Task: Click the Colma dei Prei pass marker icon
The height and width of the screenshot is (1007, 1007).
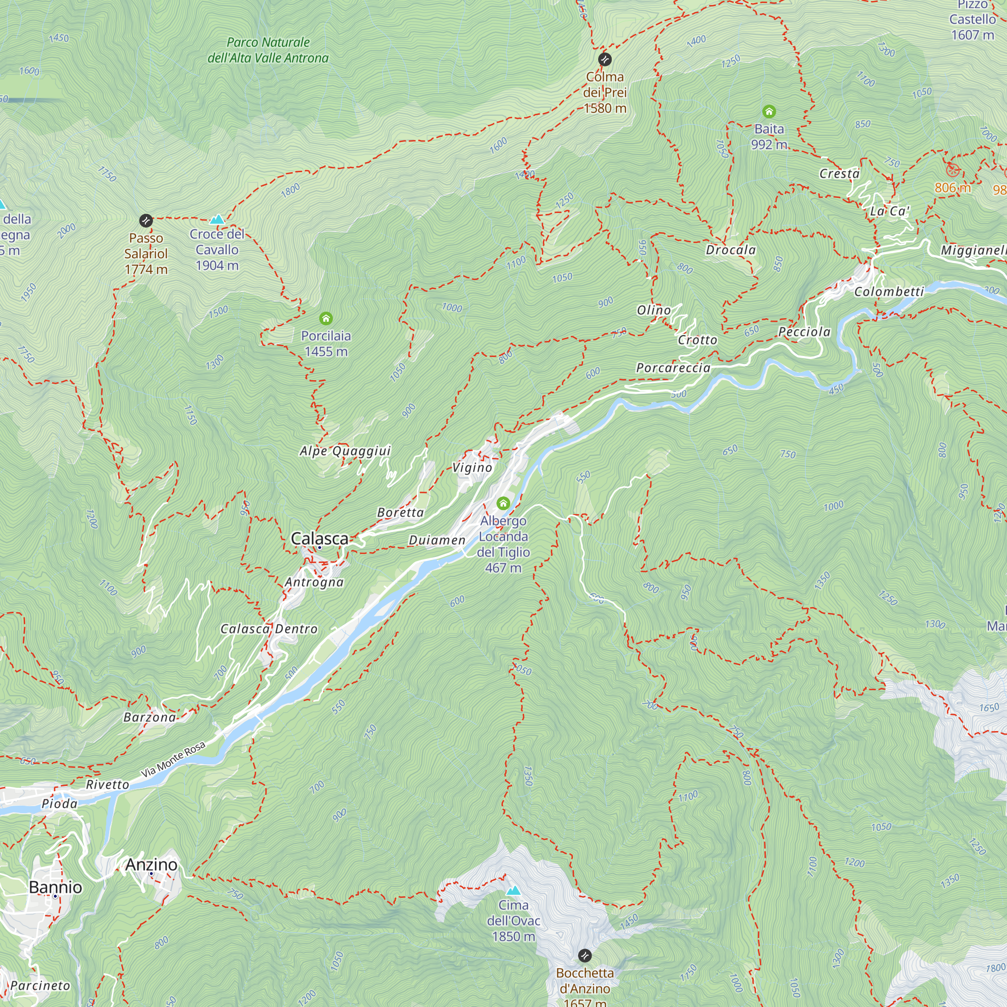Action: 605,59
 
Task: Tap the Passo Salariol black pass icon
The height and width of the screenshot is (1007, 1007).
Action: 146,221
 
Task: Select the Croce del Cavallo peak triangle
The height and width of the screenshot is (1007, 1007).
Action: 217,220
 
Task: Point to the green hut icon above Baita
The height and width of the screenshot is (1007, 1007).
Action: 769,112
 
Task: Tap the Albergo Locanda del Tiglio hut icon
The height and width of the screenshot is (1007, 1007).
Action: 503,503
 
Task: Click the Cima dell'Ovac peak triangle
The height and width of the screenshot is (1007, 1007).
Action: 514,890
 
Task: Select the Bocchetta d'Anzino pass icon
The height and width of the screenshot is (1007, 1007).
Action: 585,956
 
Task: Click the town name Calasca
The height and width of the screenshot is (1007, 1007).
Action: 320,538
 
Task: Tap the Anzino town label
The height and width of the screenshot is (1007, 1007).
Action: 151,864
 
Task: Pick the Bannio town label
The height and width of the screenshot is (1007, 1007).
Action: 55,887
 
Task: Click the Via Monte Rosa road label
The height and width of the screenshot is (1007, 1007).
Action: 173,760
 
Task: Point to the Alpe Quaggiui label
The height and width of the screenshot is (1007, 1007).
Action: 345,451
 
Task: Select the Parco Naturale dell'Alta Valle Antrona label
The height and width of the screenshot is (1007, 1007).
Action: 268,50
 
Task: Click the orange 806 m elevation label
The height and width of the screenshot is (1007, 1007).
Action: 952,188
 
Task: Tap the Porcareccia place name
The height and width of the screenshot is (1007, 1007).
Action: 673,368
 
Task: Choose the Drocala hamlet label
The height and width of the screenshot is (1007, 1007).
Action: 730,250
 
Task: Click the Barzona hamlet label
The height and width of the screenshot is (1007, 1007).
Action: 150,717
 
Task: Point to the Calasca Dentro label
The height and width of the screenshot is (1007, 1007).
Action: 269,629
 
